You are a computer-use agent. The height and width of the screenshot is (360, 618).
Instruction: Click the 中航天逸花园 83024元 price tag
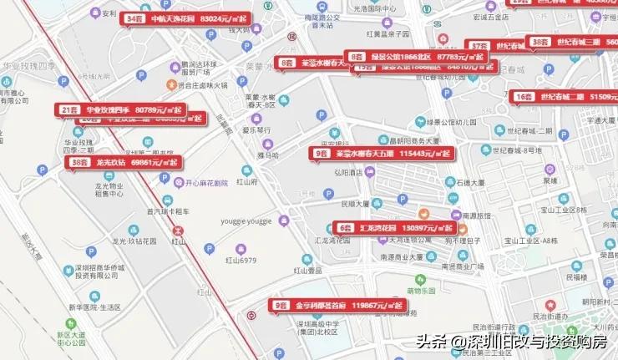[x=185, y=18]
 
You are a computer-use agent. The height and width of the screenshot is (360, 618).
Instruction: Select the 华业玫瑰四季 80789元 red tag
[x=119, y=109]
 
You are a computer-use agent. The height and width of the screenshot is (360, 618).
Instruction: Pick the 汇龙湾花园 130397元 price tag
[x=395, y=227]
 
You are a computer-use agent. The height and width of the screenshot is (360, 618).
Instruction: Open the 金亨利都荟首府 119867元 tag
[x=337, y=306]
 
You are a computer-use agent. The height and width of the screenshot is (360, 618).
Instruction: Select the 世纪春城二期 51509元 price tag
[x=565, y=96]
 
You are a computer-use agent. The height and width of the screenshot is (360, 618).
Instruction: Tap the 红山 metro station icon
[x=178, y=228]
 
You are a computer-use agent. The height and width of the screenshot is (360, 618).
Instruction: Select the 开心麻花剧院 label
[x=205, y=182]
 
